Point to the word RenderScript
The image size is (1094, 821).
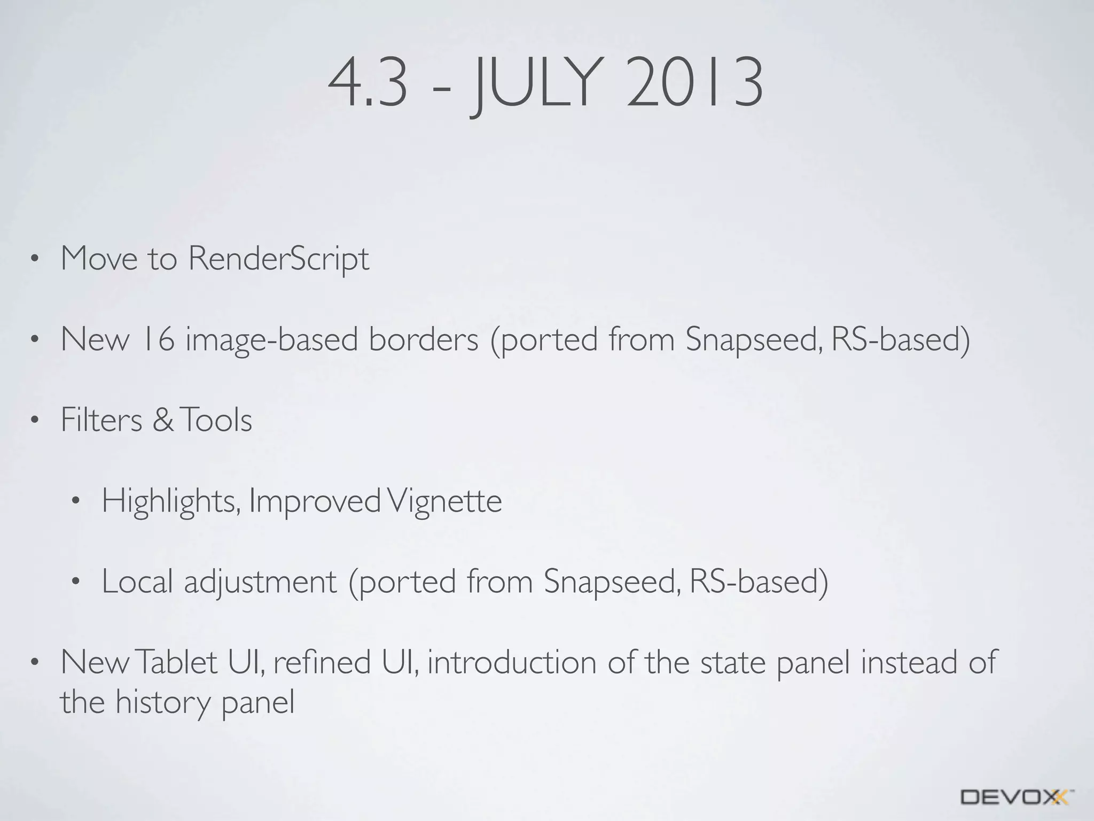(278, 259)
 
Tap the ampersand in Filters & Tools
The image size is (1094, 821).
(163, 420)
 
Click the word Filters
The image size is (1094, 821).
(101, 420)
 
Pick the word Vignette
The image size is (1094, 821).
(444, 501)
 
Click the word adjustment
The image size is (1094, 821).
(260, 582)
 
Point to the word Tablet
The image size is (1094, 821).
(177, 662)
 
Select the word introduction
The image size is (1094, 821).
(511, 662)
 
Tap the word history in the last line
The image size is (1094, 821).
(163, 703)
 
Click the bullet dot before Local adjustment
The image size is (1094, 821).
(75, 582)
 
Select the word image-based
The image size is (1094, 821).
(271, 340)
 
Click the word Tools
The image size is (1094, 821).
(216, 420)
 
